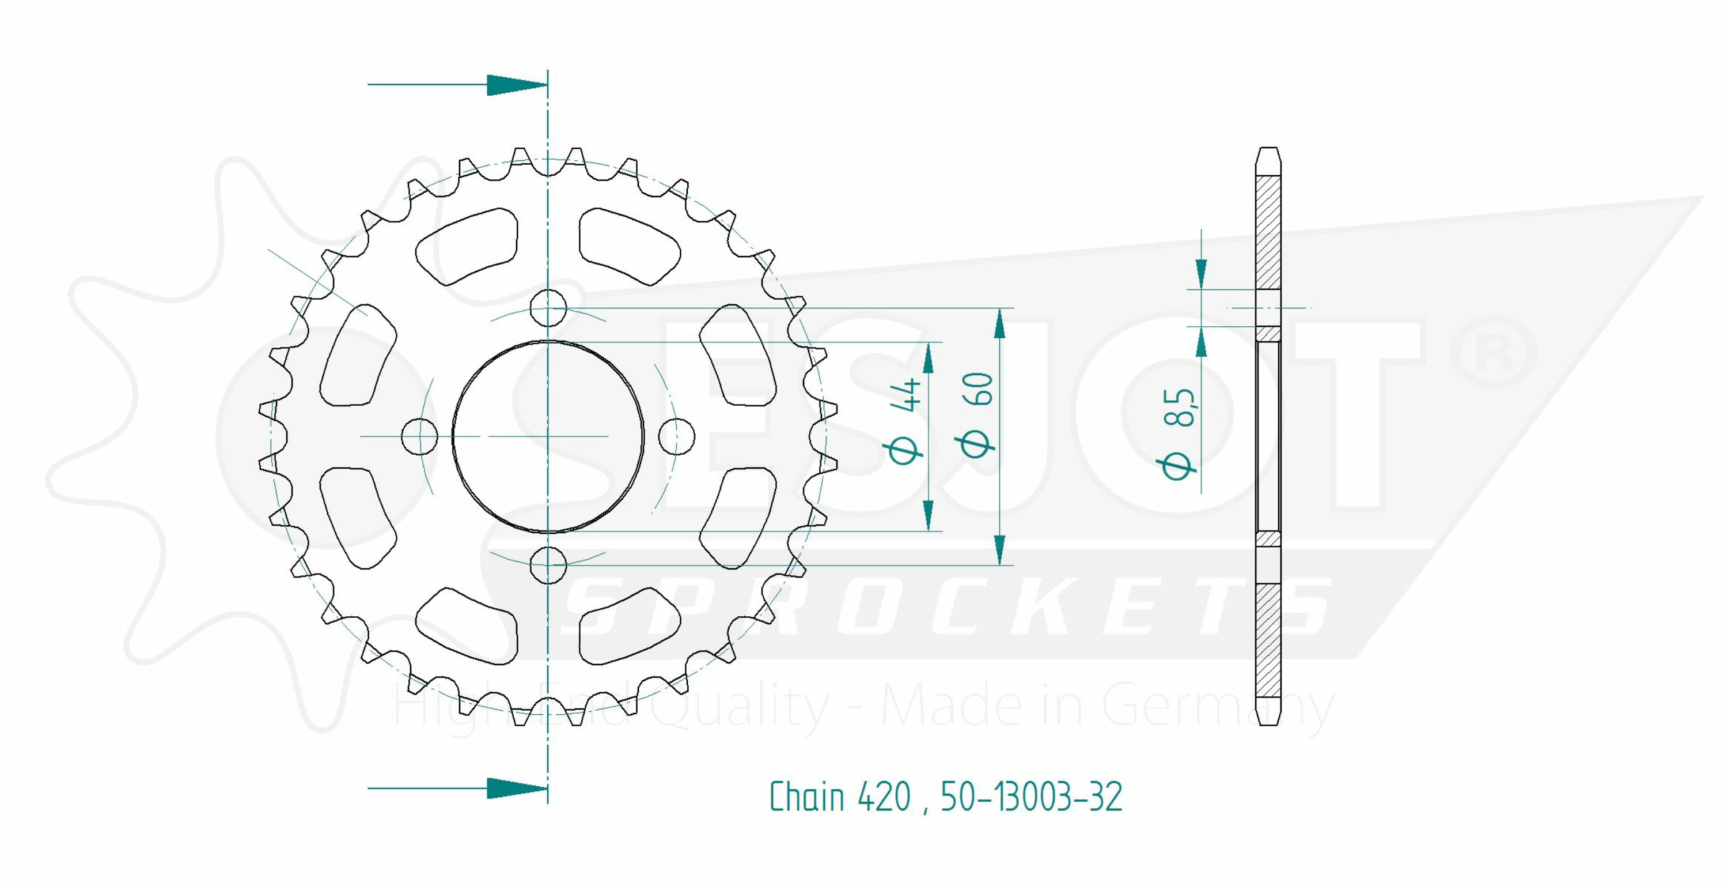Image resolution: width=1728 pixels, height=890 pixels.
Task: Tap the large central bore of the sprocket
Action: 548,436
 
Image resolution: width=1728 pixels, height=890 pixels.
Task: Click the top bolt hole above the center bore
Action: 548,308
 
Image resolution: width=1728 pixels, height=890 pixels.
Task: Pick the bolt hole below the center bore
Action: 548,565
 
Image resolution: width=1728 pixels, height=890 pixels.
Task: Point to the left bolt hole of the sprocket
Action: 419,436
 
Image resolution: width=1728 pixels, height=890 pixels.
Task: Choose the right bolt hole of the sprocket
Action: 676,436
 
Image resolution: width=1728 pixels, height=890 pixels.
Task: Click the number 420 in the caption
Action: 884,797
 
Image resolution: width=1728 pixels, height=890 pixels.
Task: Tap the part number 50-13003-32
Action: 1032,797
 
